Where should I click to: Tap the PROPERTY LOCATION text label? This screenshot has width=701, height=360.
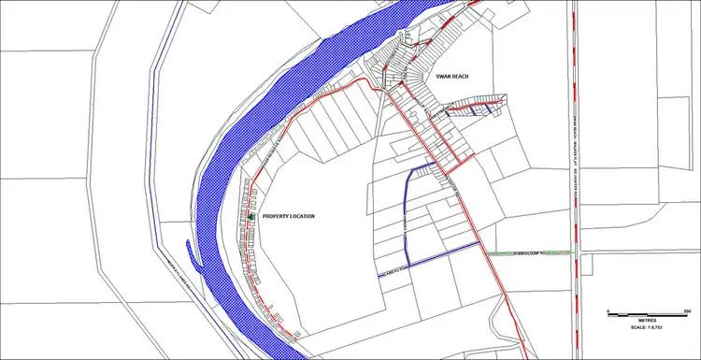288,216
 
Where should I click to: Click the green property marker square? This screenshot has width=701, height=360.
251,217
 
